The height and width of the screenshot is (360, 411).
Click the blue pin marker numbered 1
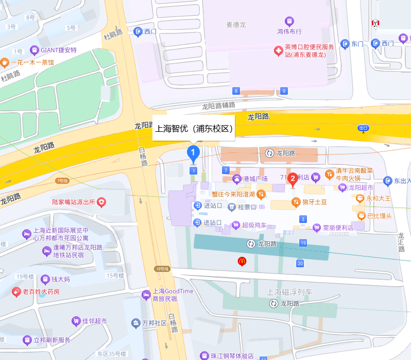pos(193,152)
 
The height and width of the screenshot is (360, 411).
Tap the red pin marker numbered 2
pos(293,180)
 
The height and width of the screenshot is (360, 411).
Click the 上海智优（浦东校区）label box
pos(194,129)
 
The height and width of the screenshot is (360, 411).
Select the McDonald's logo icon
pos(242,262)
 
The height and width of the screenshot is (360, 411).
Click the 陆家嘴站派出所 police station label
pos(74,202)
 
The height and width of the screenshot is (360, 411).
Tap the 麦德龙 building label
pos(236,24)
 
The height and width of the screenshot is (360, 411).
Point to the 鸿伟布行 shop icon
pos(289,22)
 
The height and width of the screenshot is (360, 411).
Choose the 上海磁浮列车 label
pos(289,292)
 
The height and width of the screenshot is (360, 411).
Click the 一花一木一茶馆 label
pos(32,63)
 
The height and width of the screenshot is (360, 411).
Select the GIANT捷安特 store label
pos(58,50)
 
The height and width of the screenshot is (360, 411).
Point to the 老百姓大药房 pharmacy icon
pos(16,292)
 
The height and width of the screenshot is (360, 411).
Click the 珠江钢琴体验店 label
pos(232,356)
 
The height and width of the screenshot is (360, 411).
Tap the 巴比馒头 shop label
pos(380,216)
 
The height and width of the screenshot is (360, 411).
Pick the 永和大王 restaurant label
pos(379,198)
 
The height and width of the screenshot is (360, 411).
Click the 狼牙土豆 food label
pos(314,202)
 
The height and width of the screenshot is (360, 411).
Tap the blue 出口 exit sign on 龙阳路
pos(364,128)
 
